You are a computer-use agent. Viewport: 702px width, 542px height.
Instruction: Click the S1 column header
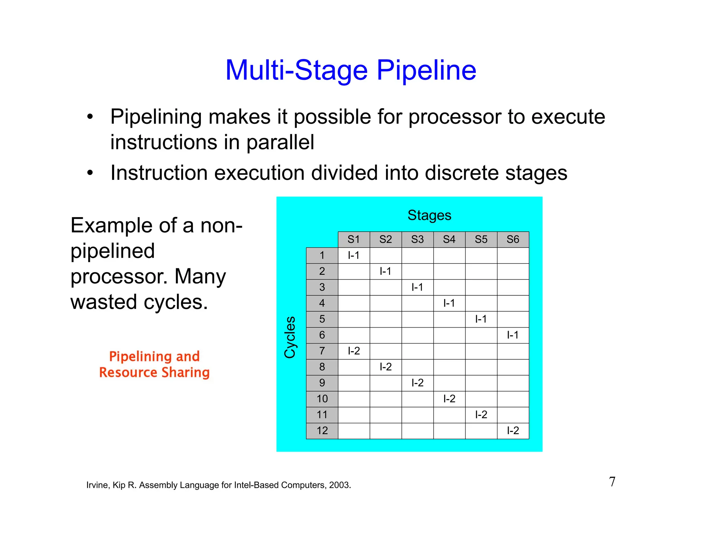click(x=353, y=239)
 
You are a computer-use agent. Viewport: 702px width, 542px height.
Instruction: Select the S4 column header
click(x=449, y=239)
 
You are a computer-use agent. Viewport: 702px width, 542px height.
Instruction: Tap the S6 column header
click(x=513, y=239)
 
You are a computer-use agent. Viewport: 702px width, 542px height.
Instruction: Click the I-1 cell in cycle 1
click(x=353, y=255)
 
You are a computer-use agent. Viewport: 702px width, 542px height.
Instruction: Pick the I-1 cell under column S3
click(x=417, y=287)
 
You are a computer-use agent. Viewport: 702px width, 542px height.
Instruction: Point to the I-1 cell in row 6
click(x=513, y=335)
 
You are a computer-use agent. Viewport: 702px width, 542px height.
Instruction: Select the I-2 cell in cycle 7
click(x=353, y=351)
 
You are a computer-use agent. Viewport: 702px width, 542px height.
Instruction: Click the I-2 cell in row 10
click(x=449, y=398)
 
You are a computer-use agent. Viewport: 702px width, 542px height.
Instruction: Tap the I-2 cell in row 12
click(x=513, y=430)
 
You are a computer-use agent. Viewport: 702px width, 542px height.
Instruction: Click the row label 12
click(x=322, y=430)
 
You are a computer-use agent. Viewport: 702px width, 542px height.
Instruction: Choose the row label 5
click(x=322, y=319)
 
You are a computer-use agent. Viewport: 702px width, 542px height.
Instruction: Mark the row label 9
click(x=322, y=383)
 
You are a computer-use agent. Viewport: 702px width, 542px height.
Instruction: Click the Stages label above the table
click(x=429, y=215)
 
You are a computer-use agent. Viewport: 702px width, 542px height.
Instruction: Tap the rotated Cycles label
click(x=290, y=337)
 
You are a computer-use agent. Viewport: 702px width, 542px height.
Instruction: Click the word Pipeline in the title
click(x=426, y=70)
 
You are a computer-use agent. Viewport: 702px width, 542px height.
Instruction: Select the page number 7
click(x=612, y=482)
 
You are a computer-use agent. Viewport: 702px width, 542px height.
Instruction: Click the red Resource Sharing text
click(x=154, y=372)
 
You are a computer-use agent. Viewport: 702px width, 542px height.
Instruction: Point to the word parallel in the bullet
click(x=280, y=142)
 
